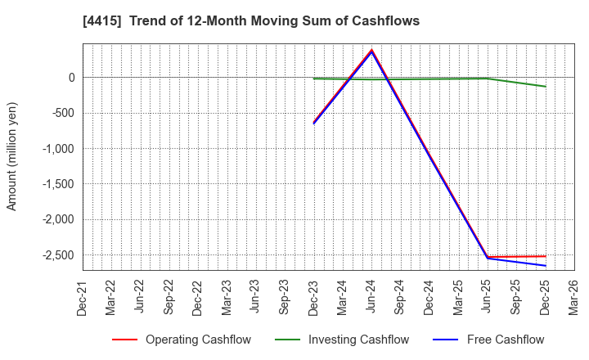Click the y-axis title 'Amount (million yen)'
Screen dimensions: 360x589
[12, 156]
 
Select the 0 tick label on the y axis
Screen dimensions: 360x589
[71, 78]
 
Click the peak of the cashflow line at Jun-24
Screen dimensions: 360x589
[372, 50]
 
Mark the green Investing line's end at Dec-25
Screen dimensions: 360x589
[546, 87]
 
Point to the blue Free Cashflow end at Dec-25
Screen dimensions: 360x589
[546, 266]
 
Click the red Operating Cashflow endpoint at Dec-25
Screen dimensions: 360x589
[546, 256]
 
